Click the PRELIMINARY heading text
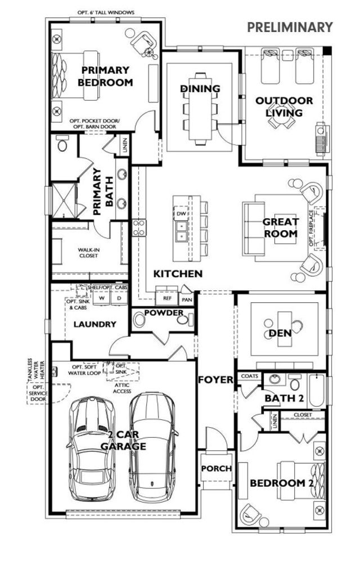(x=290, y=27)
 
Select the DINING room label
(x=200, y=89)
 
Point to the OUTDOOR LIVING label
(x=284, y=106)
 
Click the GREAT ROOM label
(x=280, y=227)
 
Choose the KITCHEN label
(x=178, y=274)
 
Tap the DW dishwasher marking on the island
(x=181, y=214)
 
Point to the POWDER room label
(x=163, y=313)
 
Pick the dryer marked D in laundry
(x=119, y=298)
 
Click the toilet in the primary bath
(x=62, y=146)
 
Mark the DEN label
(x=280, y=333)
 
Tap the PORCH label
(x=217, y=468)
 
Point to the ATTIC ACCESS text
(x=122, y=387)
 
